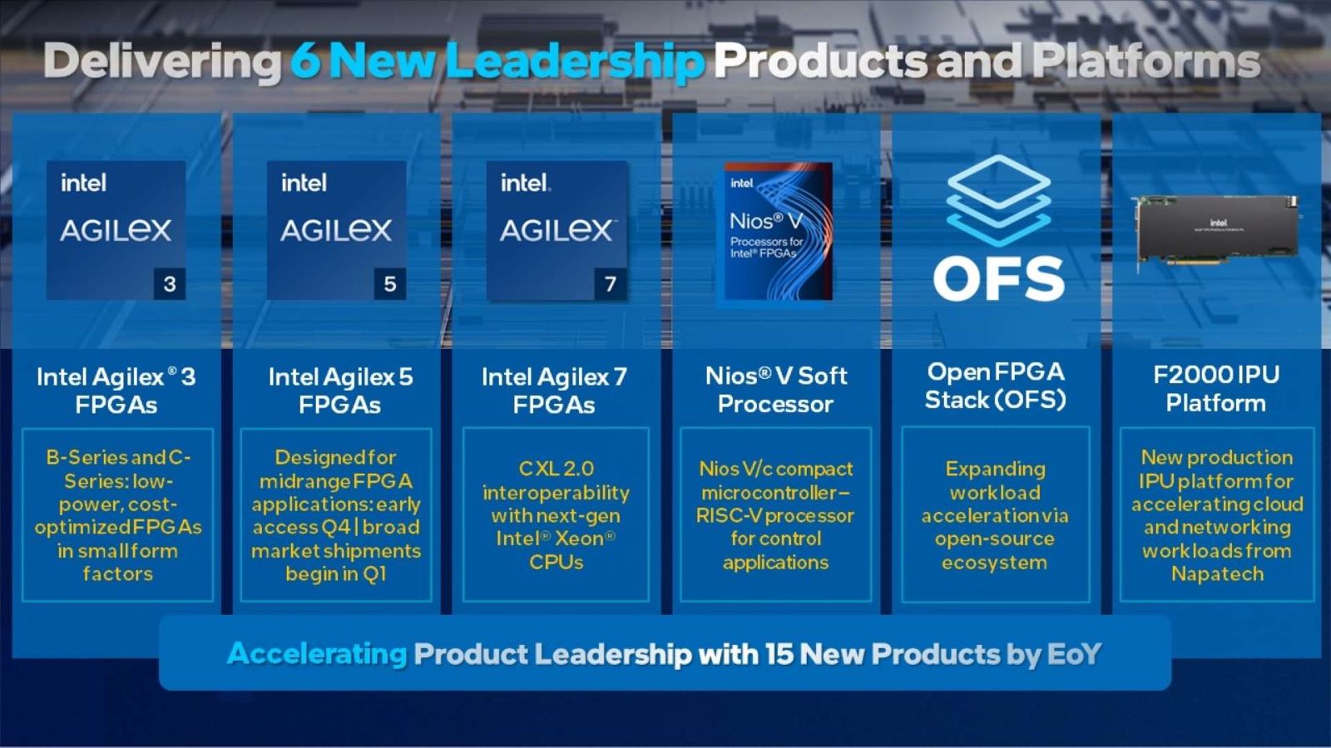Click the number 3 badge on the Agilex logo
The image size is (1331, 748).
(x=170, y=284)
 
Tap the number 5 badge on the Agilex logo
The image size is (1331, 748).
(x=389, y=284)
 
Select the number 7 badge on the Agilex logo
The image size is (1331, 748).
(x=610, y=284)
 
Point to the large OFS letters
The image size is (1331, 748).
(x=998, y=279)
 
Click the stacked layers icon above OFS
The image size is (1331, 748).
(x=998, y=199)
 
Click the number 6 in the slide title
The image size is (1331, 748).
(x=305, y=62)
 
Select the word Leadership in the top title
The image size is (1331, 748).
(x=574, y=62)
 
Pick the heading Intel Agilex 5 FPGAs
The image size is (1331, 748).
(x=339, y=391)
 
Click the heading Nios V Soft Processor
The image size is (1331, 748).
(x=775, y=390)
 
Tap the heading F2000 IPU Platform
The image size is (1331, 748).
(x=1215, y=389)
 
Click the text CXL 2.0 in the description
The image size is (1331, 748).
(x=556, y=469)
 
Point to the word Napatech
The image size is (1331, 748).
(x=1217, y=574)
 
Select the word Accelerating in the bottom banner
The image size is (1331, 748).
(x=317, y=654)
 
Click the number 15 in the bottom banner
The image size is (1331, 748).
(x=779, y=654)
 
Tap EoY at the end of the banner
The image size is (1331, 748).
(x=1074, y=654)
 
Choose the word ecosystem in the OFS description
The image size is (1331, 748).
(x=994, y=563)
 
